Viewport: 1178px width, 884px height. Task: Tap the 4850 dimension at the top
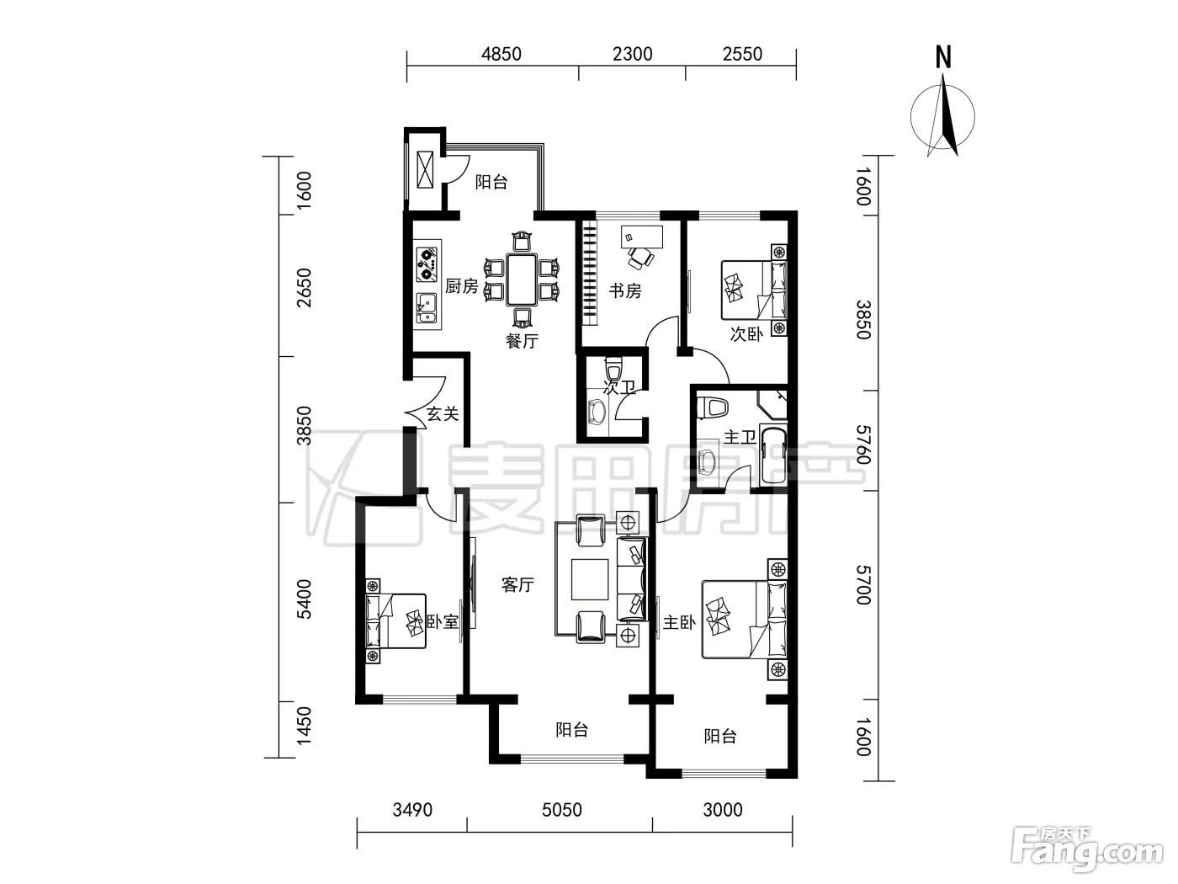click(x=501, y=54)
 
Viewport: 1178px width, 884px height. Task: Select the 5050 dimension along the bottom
click(x=561, y=809)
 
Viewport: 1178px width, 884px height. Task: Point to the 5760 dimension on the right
click(x=863, y=445)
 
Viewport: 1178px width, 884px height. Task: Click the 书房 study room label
click(x=625, y=291)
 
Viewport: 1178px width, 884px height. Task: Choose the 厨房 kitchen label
click(x=462, y=286)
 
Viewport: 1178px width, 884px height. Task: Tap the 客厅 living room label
click(x=517, y=584)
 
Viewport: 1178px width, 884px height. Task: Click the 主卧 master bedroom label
click(x=679, y=623)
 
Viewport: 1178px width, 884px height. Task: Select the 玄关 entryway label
click(x=443, y=414)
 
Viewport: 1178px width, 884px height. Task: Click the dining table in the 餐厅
click(x=522, y=280)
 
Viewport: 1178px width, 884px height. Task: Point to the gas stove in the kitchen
click(x=427, y=264)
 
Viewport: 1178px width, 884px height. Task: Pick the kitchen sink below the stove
click(x=427, y=309)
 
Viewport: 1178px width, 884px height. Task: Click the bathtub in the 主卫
click(x=774, y=455)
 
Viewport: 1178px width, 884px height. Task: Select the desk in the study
click(x=642, y=237)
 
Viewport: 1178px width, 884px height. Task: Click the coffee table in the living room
click(x=589, y=579)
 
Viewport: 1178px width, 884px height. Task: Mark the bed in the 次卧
click(x=754, y=290)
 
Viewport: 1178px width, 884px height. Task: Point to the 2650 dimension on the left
click(x=304, y=288)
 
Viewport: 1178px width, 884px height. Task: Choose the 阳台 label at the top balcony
click(x=491, y=182)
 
